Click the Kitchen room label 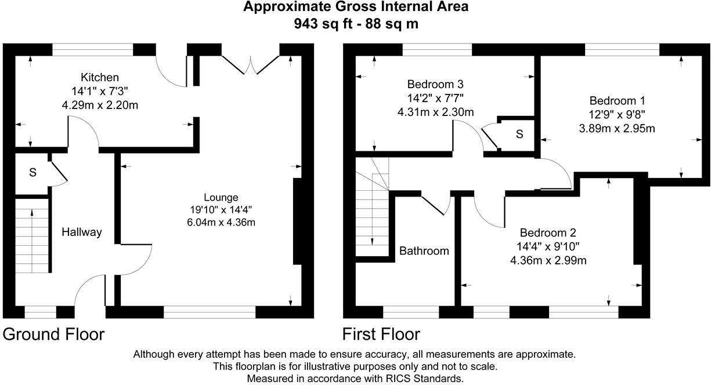100,77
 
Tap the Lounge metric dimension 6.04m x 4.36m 221,222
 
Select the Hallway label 82,232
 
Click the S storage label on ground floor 33,173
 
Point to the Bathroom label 424,251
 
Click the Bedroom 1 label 617,101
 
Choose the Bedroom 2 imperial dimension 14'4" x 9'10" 548,246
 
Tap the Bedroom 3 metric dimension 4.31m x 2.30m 435,112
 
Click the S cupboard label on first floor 519,135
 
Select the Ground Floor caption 53,335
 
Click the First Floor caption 381,335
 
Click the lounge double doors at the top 251,65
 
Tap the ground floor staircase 32,236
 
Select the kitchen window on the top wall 93,49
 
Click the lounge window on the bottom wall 210,313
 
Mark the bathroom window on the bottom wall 411,313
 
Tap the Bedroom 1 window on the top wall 622,49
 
